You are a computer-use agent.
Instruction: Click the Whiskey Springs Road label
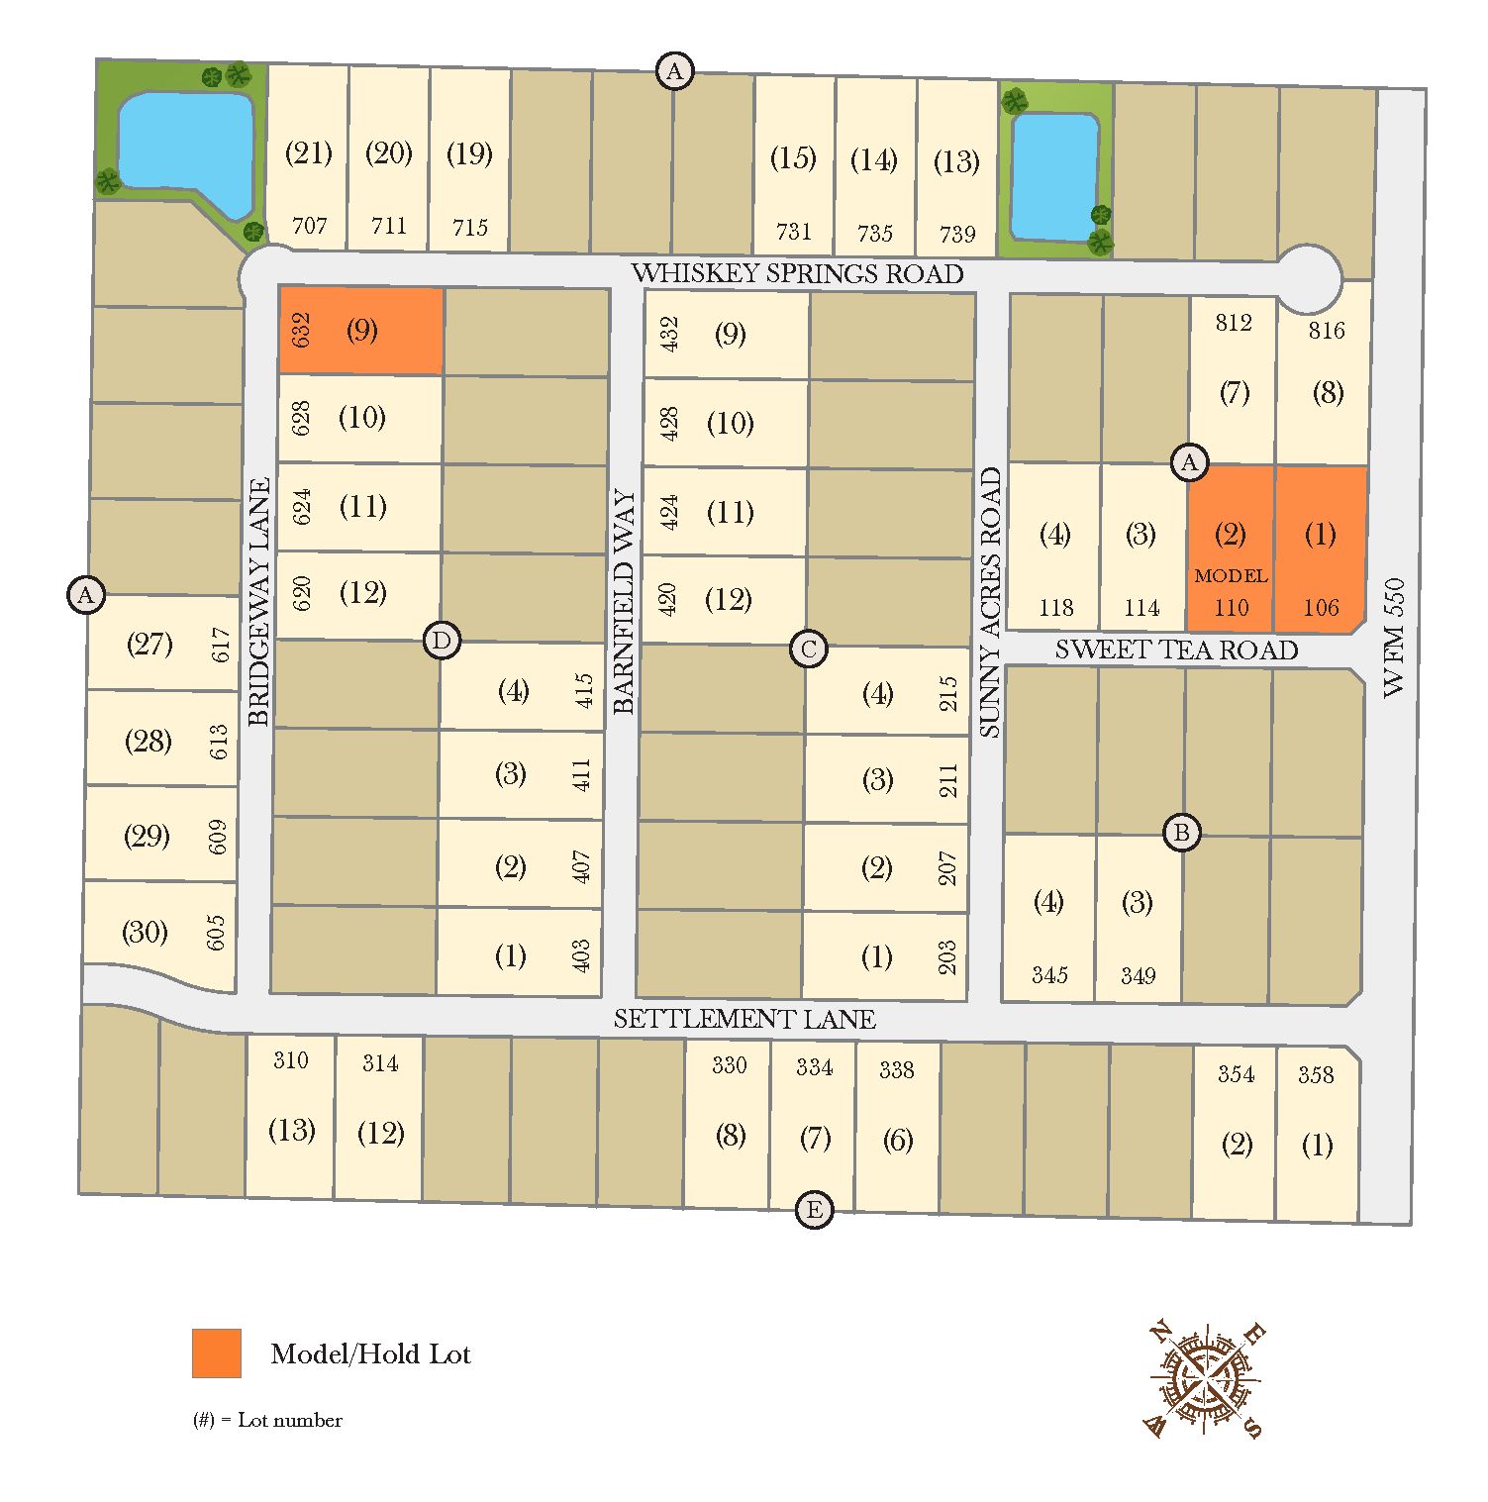[797, 273]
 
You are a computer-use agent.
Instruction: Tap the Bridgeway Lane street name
[259, 602]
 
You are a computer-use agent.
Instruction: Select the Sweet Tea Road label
[1176, 650]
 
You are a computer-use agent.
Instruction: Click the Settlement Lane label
[744, 1019]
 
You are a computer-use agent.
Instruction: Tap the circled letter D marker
[442, 641]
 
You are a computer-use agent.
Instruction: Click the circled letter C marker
[809, 650]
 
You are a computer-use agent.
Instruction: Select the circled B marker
[1181, 833]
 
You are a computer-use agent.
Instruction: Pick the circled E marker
[814, 1210]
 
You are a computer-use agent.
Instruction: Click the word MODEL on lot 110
[1231, 575]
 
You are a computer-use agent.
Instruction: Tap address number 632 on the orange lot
[302, 330]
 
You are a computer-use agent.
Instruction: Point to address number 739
[957, 235]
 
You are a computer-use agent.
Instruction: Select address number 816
[1327, 331]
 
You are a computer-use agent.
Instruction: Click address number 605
[216, 933]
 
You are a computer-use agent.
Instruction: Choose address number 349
[1139, 976]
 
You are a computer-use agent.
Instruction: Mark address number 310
[291, 1060]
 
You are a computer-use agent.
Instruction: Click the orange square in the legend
[217, 1352]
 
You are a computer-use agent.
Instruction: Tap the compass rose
[1204, 1378]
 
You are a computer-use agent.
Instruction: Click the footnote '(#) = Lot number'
[267, 1420]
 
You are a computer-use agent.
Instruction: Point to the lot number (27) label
[149, 645]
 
